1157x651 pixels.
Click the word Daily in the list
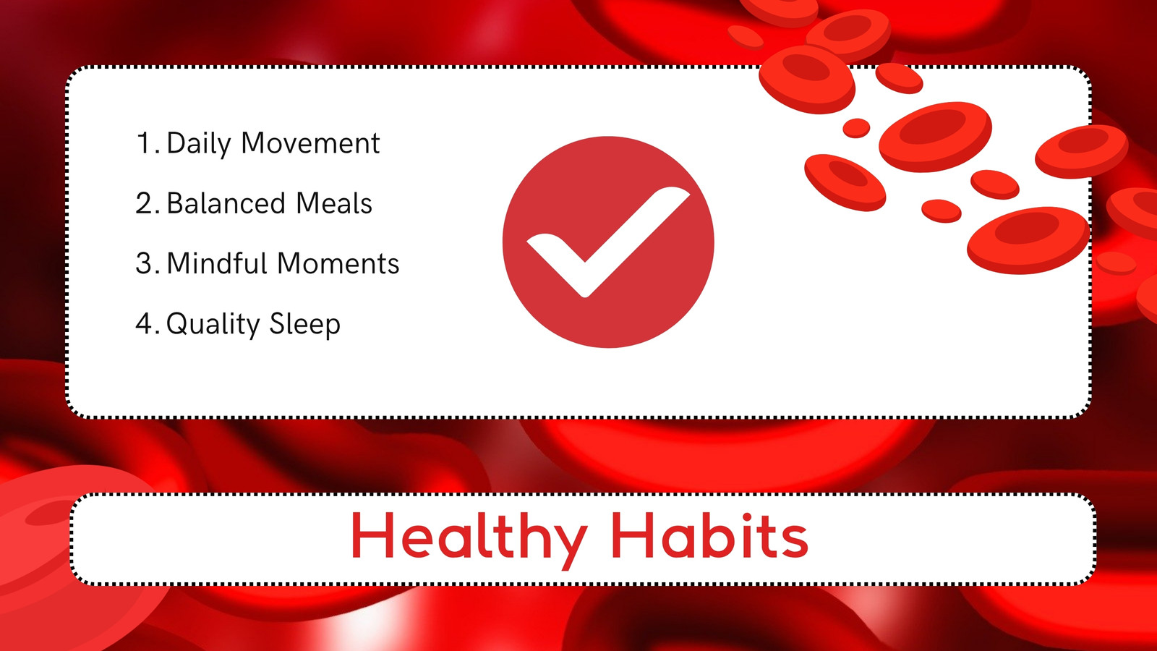[x=198, y=144]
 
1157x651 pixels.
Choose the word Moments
[x=338, y=263]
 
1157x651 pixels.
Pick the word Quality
[x=213, y=325]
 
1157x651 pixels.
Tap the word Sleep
[x=304, y=325]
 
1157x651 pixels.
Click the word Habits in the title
[x=710, y=535]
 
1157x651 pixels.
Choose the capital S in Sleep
[x=278, y=323]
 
